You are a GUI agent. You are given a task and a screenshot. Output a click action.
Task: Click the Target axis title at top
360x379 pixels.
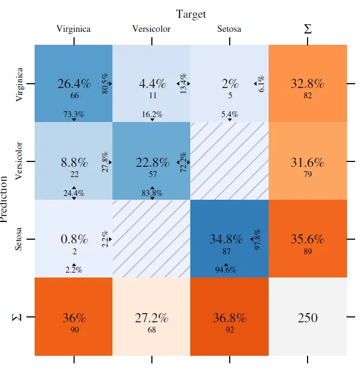point(191,14)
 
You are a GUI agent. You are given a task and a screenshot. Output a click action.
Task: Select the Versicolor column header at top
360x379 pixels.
point(151,29)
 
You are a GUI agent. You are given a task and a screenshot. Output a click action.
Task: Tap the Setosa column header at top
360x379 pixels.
point(229,29)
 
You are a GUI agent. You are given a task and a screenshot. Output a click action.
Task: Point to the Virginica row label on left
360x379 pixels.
point(20,84)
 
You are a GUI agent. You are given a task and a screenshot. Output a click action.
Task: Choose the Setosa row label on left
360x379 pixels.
point(20,239)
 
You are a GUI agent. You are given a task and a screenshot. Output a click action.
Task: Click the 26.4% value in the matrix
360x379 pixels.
point(74,84)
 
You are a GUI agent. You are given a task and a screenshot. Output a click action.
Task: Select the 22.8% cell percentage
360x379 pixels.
point(152,163)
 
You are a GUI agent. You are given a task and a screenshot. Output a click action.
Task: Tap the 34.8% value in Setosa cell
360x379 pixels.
point(226,239)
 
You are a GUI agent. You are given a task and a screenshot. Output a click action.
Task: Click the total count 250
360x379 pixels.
point(308,318)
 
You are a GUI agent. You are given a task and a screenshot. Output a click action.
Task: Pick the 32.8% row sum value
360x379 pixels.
point(308,84)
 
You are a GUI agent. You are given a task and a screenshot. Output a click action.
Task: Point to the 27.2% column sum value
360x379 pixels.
point(152,318)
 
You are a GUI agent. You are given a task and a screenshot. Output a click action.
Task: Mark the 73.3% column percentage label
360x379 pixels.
point(74,114)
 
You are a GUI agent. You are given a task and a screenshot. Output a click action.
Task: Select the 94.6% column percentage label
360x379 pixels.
point(225,270)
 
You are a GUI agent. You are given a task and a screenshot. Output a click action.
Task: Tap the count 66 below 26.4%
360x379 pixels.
point(75,96)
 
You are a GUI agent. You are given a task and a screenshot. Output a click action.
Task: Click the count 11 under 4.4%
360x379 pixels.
point(152,96)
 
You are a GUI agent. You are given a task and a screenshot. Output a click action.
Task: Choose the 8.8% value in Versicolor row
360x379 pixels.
point(74,163)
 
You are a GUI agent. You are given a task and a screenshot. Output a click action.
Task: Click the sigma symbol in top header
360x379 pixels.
point(308,29)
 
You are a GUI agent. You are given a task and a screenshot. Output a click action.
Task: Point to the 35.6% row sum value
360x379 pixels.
point(308,239)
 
